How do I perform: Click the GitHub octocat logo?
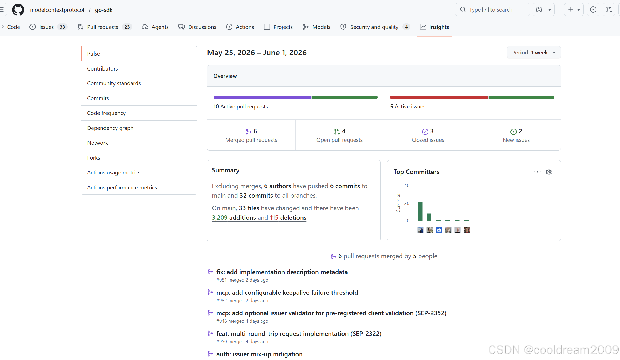[x=18, y=10]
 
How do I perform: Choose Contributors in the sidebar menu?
[x=102, y=68]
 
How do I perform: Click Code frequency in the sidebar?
[x=106, y=113]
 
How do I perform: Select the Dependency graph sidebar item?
[x=110, y=128]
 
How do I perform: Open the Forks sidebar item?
[x=94, y=158]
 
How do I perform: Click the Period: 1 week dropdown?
[x=534, y=52]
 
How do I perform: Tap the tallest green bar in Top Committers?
[x=420, y=211]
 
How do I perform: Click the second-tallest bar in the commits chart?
[x=429, y=217]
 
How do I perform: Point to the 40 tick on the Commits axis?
[x=407, y=186]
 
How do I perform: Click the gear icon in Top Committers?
[x=549, y=172]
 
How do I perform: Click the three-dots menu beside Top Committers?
[x=537, y=172]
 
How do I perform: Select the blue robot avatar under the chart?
[x=439, y=230]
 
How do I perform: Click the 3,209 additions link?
[x=234, y=218]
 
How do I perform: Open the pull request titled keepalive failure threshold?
[x=287, y=293]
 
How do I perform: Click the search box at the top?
[x=492, y=10]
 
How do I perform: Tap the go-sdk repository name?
[x=104, y=10]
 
